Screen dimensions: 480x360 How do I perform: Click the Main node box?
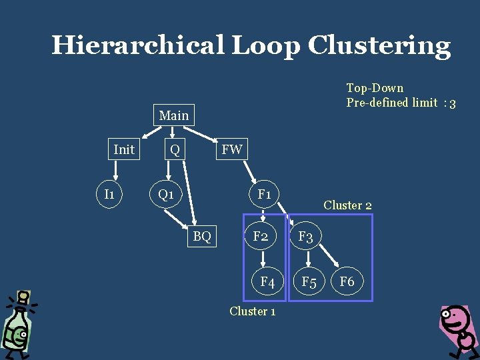tap(174, 115)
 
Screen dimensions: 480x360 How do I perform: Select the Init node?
tap(124, 149)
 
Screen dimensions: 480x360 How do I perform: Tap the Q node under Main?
tap(175, 149)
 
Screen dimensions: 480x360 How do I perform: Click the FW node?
tap(231, 149)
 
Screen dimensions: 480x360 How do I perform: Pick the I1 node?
tap(109, 194)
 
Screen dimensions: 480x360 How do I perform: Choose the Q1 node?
tap(165, 194)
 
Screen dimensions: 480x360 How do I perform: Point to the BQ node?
tap(202, 235)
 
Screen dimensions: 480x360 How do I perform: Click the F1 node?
tap(265, 194)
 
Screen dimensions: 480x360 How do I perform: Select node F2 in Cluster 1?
tap(261, 236)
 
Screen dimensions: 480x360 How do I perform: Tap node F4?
tap(267, 281)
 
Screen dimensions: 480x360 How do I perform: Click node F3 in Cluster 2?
tap(306, 236)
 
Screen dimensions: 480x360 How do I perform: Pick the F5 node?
tap(309, 281)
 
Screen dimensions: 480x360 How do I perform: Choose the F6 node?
tap(347, 281)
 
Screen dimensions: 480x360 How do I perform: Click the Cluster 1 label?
tap(252, 311)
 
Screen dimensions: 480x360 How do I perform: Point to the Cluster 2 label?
tap(347, 205)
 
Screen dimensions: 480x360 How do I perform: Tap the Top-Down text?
tap(375, 88)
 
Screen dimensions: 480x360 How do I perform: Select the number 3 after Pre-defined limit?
tap(453, 103)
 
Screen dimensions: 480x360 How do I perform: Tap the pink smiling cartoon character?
tap(457, 330)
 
